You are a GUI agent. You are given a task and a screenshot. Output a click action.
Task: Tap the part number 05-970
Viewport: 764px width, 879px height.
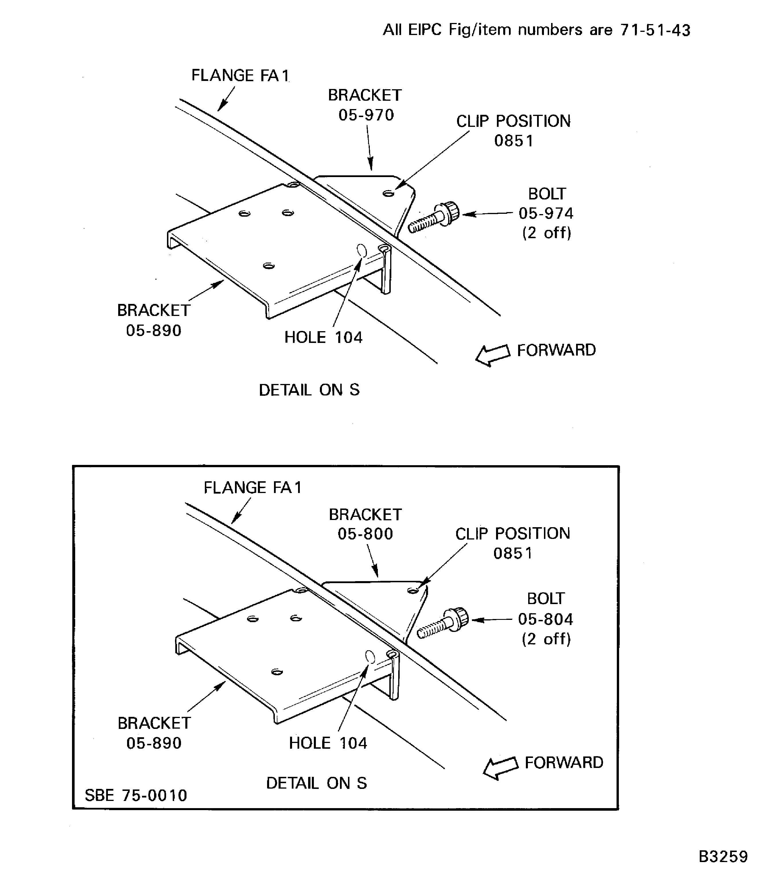pos(366,115)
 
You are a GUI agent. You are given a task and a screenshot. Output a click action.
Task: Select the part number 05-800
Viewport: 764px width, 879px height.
pos(366,534)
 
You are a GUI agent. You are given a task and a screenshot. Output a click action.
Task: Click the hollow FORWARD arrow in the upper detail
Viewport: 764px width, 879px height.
pos(493,354)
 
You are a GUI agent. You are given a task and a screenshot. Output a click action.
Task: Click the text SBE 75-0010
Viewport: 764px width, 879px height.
pos(136,795)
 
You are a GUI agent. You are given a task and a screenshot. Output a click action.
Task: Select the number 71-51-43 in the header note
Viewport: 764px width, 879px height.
pos(655,30)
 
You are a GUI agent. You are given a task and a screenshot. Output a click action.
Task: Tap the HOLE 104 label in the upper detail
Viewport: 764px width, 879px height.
pos(323,337)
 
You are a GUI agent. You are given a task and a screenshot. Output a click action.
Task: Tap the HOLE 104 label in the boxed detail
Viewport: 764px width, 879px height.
pos(328,743)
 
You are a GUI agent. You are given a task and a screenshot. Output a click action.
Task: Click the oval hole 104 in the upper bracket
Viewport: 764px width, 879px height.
pos(361,251)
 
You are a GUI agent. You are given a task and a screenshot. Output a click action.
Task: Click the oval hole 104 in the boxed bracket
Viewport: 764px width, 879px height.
pos(370,657)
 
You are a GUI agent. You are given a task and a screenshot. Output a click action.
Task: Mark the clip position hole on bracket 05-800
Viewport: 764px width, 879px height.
pos(413,591)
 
